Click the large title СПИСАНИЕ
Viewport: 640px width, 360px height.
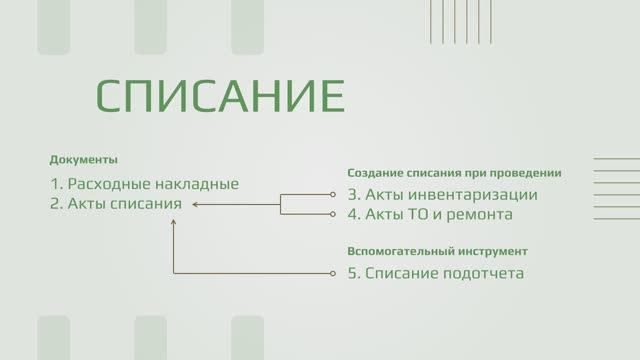click(220, 95)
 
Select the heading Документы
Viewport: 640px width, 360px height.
click(83, 160)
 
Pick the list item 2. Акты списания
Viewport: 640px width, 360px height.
click(115, 204)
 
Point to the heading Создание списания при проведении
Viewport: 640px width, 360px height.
click(454, 173)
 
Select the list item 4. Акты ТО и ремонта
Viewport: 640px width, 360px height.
click(429, 214)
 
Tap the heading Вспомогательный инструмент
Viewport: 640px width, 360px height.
click(437, 251)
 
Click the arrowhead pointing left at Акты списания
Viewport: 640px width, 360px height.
click(196, 204)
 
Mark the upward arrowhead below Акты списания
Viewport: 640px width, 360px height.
click(174, 223)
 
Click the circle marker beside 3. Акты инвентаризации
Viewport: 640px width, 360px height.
click(333, 195)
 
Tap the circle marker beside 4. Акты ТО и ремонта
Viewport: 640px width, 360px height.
click(333, 214)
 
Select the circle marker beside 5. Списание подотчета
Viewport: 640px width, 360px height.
click(333, 272)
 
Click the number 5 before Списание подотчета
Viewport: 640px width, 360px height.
click(352, 272)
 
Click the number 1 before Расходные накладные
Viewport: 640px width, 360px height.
click(53, 184)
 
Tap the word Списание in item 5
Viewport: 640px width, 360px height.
click(400, 272)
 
